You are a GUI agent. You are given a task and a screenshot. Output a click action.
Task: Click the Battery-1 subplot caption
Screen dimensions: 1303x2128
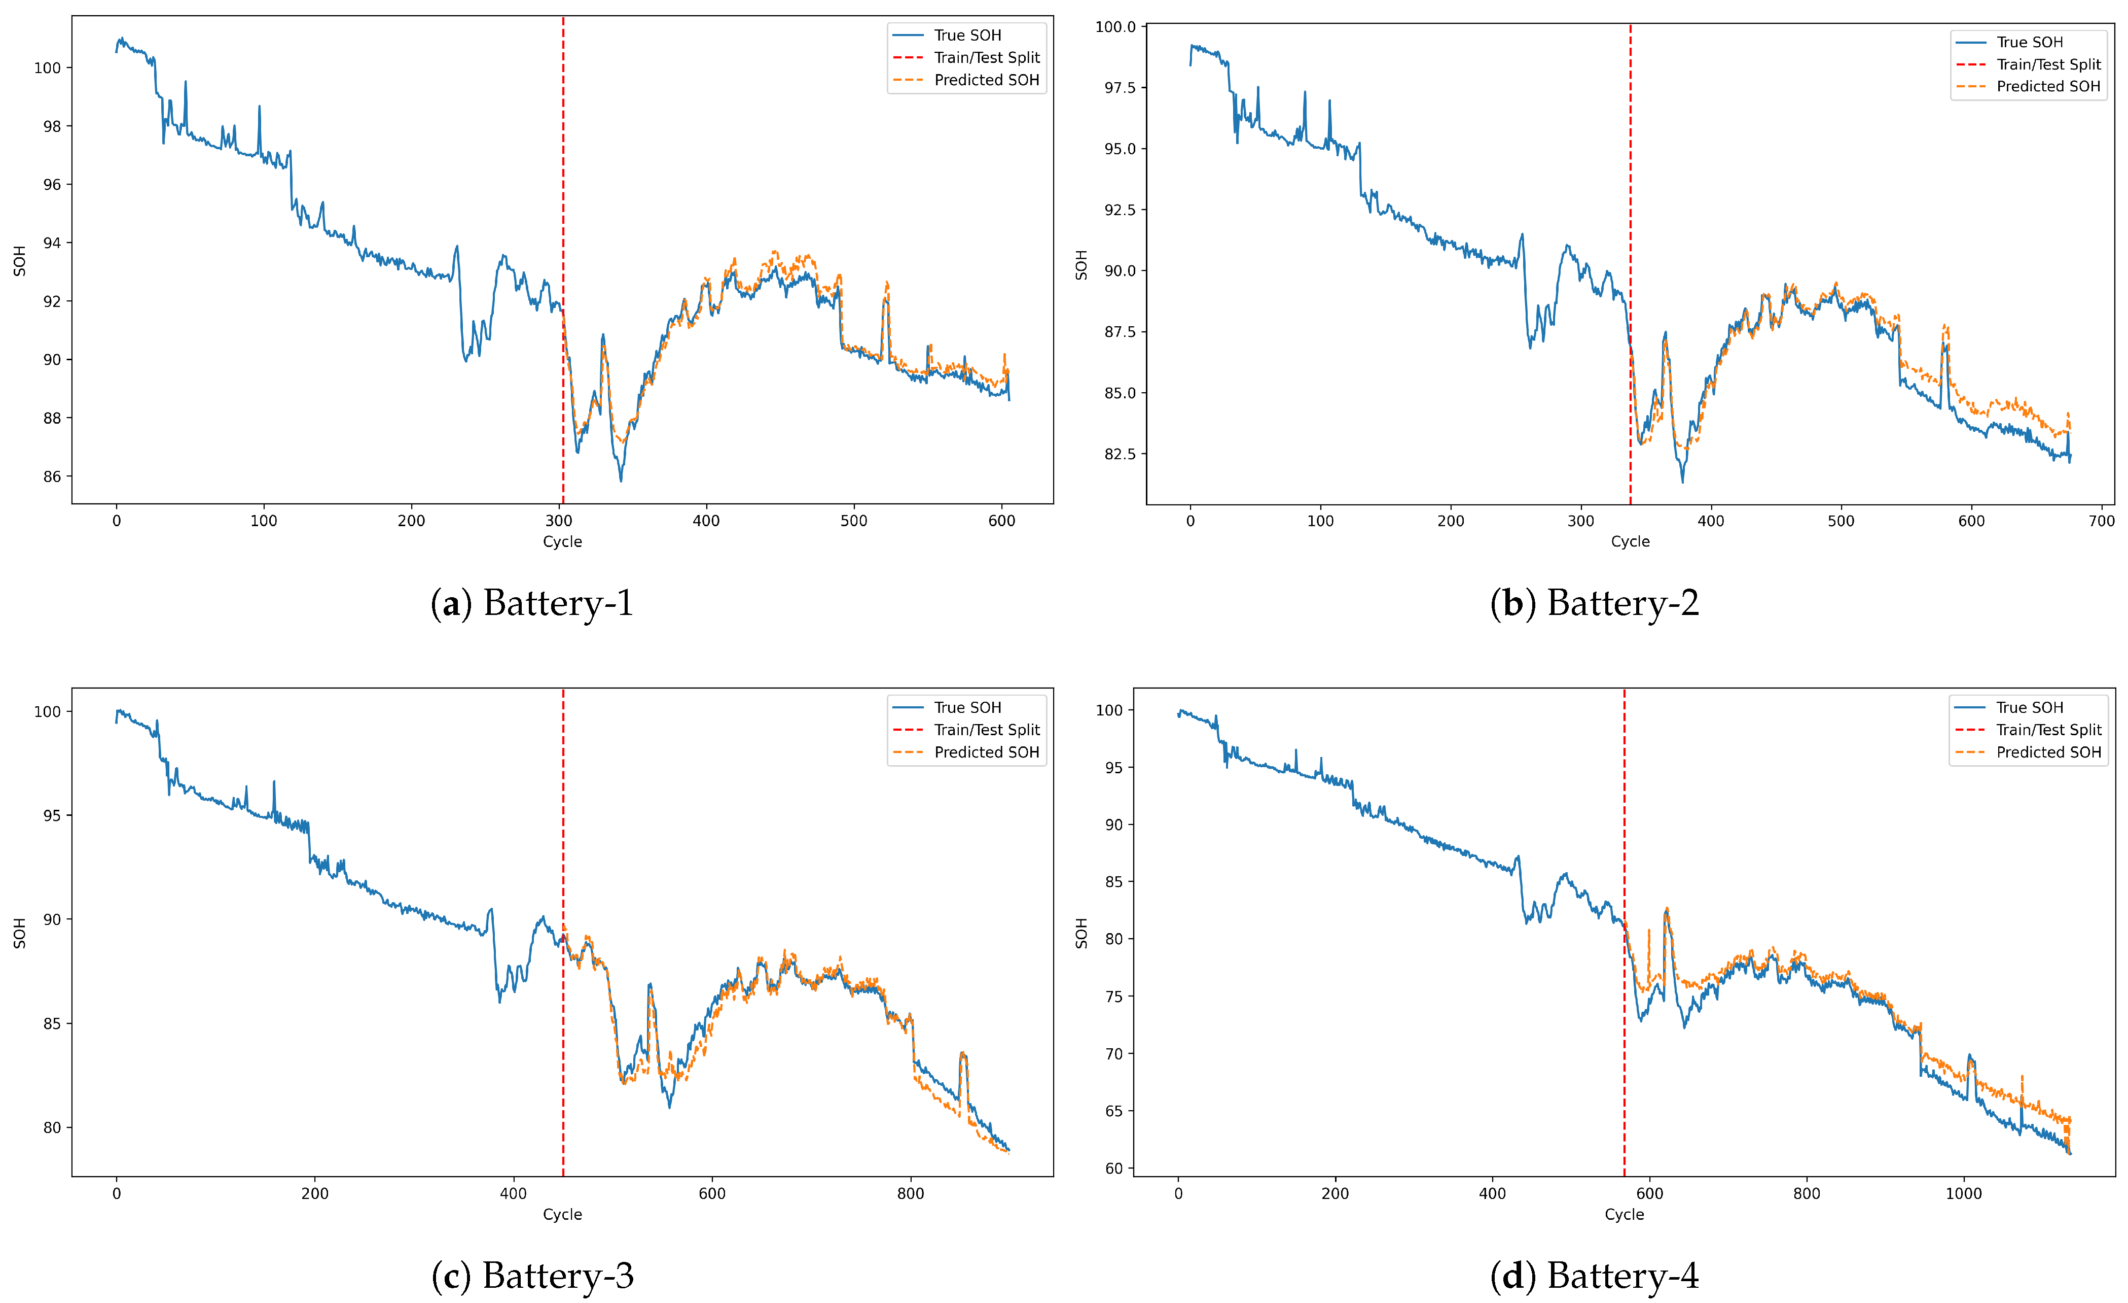tap(532, 603)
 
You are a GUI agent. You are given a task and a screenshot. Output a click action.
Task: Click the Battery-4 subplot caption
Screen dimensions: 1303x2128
tap(1594, 1276)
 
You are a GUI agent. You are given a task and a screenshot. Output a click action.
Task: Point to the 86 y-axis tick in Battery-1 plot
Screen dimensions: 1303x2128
tap(52, 476)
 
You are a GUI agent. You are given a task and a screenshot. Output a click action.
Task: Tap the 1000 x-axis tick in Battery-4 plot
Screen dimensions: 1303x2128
tap(1963, 1193)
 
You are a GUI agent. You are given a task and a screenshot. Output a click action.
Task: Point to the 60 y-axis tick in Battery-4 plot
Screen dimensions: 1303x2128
tap(1114, 1168)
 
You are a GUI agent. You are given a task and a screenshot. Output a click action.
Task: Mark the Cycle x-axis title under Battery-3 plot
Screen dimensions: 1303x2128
tap(562, 1214)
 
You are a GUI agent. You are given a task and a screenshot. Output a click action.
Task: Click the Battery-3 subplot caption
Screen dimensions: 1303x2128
tap(532, 1276)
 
